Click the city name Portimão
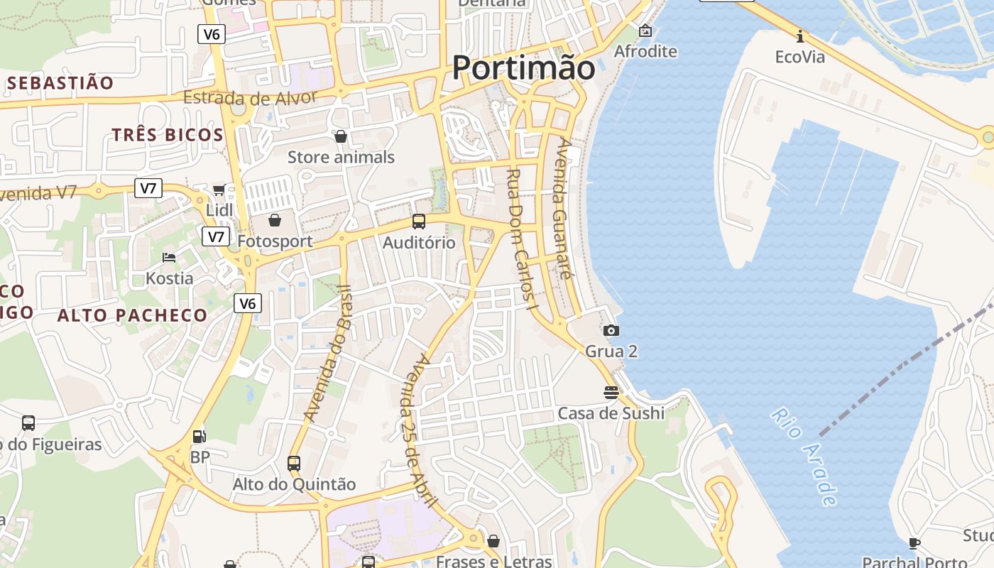point(523,68)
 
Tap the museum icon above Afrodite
point(645,31)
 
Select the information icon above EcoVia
point(800,36)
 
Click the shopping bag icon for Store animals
point(341,136)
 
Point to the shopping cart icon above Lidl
point(219,190)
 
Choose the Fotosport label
point(275,241)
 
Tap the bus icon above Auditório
point(419,222)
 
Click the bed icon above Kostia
point(169,257)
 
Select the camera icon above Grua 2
point(611,330)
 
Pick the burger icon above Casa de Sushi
point(611,392)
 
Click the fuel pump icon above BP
point(200,437)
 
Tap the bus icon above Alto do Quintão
point(294,463)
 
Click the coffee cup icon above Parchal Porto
point(914,543)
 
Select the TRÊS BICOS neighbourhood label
point(168,135)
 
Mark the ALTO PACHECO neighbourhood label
point(132,315)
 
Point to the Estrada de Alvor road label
point(250,97)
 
